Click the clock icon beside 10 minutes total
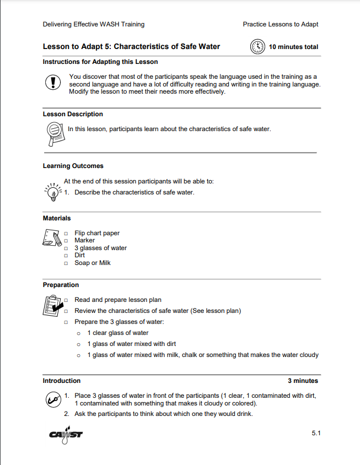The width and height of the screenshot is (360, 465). pos(257,47)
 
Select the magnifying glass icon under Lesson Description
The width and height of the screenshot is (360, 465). pos(54,133)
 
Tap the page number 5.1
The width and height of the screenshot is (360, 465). pos(316,434)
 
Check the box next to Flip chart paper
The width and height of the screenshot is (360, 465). pos(66,233)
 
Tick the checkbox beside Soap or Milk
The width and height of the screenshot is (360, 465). pos(66,263)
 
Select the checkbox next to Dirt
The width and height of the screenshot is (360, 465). pos(66,256)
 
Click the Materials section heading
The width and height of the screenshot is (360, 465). pos(57,218)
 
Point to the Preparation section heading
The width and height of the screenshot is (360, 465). pos(61,285)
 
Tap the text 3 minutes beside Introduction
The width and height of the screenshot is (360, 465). pos(303,381)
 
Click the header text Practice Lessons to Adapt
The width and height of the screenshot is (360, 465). pos(280,24)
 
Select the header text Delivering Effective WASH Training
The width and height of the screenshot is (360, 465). pos(93,24)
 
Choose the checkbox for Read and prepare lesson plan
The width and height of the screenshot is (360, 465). pos(66,300)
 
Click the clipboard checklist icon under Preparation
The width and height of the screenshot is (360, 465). pos(53,306)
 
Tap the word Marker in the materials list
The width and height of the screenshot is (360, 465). pos(84,240)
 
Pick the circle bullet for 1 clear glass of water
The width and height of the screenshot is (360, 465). pos(79,333)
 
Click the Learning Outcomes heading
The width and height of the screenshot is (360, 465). pos(73,166)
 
